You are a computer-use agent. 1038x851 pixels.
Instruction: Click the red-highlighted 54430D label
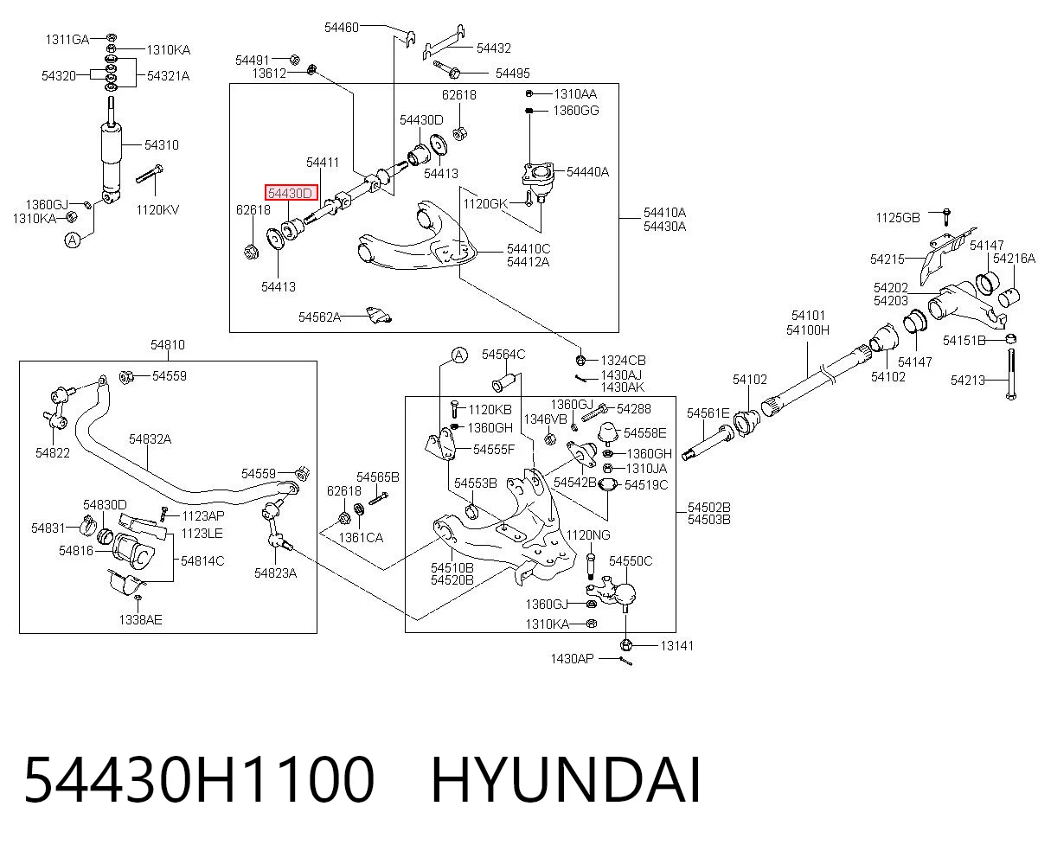(292, 193)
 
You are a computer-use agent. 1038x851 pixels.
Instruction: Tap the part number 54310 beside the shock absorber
(162, 145)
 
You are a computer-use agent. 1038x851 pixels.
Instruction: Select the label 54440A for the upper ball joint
(587, 172)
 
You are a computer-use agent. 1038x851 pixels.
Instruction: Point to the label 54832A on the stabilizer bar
(151, 438)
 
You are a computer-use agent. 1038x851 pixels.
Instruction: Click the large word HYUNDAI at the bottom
(566, 781)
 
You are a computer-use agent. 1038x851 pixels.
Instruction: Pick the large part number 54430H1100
(199, 781)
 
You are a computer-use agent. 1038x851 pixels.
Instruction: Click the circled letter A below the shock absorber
(73, 240)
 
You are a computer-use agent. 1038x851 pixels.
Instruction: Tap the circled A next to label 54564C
(459, 355)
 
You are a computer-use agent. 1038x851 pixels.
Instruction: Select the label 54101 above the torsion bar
(808, 315)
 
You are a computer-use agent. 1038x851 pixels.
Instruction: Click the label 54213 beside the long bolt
(968, 380)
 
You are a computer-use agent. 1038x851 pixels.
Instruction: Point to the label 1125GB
(898, 218)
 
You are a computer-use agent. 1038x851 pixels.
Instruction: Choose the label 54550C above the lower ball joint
(631, 561)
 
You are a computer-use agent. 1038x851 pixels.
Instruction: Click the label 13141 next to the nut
(676, 646)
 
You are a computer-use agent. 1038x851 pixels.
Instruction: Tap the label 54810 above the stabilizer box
(168, 344)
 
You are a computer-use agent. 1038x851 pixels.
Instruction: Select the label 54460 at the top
(342, 27)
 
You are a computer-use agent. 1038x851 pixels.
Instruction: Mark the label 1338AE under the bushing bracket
(140, 620)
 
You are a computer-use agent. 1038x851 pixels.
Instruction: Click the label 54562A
(319, 317)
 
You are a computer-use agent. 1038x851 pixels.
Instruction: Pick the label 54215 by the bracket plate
(887, 259)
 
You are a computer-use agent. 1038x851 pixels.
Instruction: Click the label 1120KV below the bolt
(157, 209)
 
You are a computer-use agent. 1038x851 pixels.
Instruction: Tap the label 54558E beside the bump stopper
(644, 433)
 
